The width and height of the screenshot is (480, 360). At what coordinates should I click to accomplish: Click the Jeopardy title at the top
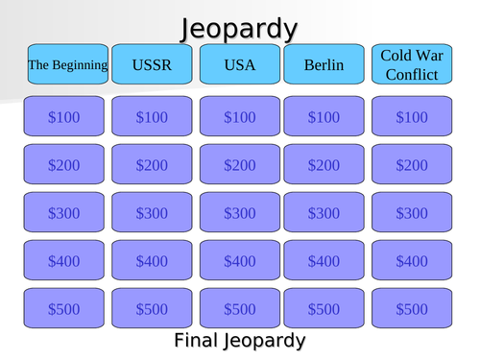[239, 28]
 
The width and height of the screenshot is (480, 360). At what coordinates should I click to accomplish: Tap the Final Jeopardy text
[239, 340]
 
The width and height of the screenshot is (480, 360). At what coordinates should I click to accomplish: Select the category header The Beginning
[67, 65]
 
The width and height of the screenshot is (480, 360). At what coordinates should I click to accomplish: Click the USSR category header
[152, 65]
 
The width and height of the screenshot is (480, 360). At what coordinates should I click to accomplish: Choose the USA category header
[239, 65]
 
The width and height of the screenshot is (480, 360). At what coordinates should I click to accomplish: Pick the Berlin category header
[324, 65]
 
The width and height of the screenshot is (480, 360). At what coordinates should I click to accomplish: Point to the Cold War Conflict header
[411, 65]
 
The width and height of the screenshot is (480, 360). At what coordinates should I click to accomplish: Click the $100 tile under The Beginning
[67, 117]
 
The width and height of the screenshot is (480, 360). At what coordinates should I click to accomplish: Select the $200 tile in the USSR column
[152, 165]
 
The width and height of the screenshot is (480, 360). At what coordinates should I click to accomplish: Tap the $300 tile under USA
[239, 213]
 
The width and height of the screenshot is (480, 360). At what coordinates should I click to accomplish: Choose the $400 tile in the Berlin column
[324, 260]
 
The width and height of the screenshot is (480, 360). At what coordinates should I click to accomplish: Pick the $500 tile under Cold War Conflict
[411, 308]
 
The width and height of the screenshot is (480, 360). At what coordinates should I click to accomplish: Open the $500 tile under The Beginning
[67, 308]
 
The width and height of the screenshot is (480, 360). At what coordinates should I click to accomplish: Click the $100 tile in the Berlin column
[324, 117]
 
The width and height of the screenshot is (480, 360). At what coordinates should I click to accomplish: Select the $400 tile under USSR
[152, 260]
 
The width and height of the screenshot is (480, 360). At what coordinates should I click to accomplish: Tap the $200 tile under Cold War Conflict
[411, 165]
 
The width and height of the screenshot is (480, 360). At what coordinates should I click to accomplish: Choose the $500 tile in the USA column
[239, 308]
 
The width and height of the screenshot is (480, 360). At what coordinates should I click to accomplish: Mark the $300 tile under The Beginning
[67, 213]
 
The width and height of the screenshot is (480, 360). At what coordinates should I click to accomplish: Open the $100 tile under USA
[239, 117]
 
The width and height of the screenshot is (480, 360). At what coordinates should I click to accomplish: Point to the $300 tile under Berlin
[324, 213]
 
